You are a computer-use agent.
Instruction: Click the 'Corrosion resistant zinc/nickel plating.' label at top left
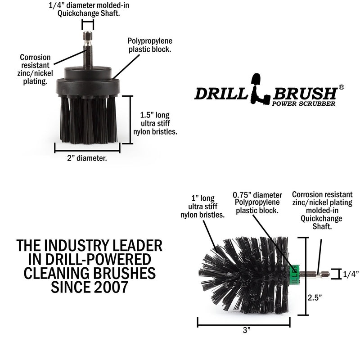pos(36,69)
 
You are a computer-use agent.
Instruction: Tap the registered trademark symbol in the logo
pos(342,88)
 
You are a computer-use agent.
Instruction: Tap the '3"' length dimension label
pos(246,330)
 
